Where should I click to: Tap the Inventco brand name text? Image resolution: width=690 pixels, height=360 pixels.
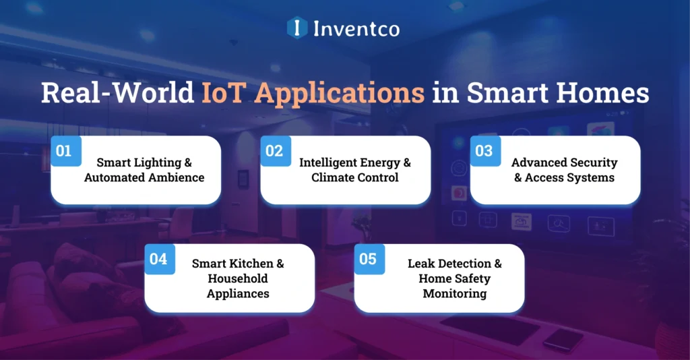[x=356, y=28]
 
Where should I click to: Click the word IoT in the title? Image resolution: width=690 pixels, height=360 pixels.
[x=224, y=92]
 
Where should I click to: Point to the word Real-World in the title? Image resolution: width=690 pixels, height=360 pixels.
[x=117, y=92]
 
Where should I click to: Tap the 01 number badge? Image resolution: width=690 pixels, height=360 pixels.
[x=64, y=151]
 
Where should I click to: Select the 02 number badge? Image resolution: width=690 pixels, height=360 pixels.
[x=274, y=151]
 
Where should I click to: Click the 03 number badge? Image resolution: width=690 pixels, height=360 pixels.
[x=484, y=151]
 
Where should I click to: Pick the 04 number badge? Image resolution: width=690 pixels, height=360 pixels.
[x=158, y=259]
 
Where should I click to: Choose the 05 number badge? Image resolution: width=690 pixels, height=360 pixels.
[x=368, y=259]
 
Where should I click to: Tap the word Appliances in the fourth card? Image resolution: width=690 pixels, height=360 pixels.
[x=238, y=293]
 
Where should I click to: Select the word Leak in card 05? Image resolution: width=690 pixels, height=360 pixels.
[x=421, y=264]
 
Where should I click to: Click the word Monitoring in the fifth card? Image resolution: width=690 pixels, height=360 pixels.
[x=455, y=293]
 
